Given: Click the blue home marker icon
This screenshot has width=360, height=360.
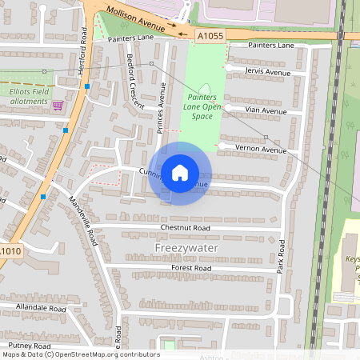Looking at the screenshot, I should click(x=180, y=173).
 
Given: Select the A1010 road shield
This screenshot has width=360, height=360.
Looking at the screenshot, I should click(x=10, y=250).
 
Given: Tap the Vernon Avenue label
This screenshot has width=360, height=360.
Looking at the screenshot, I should click(x=262, y=150).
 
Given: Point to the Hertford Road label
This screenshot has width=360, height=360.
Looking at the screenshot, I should click(x=83, y=51).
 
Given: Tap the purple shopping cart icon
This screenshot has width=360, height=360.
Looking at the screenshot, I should click(x=58, y=105).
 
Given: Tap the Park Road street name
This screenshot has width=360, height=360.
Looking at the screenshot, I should click(x=281, y=255).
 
